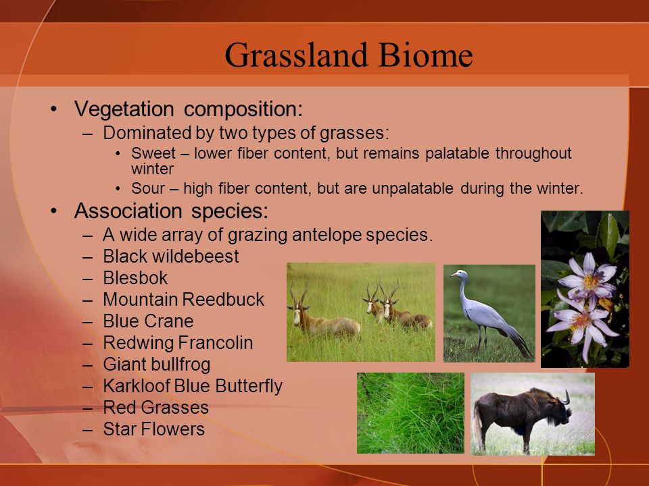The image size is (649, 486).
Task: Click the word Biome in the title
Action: pyautogui.click(x=425, y=55)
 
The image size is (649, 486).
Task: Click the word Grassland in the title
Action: pyautogui.click(x=296, y=55)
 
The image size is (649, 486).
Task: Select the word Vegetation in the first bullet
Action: pyautogui.click(x=124, y=109)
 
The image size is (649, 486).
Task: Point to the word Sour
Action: pyautogui.click(x=148, y=188)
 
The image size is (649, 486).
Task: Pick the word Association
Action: pyautogui.click(x=128, y=211)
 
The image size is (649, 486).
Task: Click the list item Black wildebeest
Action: pyautogui.click(x=171, y=256)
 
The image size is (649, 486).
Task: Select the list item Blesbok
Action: pyautogui.click(x=135, y=278)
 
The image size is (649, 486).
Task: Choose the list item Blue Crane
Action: pyautogui.click(x=148, y=321)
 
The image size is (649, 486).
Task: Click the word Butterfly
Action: pyautogui.click(x=249, y=386)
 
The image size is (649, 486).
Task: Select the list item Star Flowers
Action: pyautogui.click(x=154, y=429)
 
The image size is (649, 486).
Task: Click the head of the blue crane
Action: pyautogui.click(x=460, y=275)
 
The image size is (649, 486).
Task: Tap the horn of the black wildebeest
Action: pyautogui.click(x=565, y=398)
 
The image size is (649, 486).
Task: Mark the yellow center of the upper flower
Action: pyautogui.click(x=591, y=282)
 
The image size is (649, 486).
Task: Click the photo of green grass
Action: pyautogui.click(x=410, y=413)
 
